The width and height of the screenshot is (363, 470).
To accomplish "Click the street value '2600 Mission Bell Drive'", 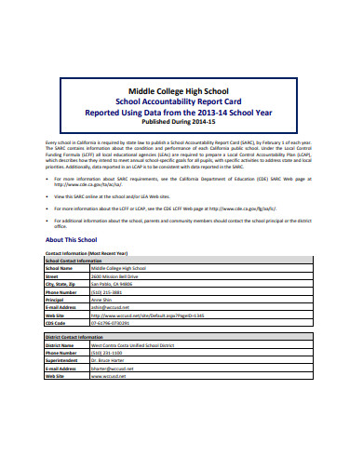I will pyautogui.click(x=115, y=276).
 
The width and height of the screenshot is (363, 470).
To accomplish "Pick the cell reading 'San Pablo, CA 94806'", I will pyautogui.click(x=113, y=284).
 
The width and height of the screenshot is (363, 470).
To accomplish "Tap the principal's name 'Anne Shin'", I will pyautogui.click(x=101, y=300).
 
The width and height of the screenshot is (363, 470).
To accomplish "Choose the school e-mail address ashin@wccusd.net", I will pyautogui.click(x=109, y=307).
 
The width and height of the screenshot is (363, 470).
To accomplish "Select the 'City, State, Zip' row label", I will pyautogui.click(x=62, y=284).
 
